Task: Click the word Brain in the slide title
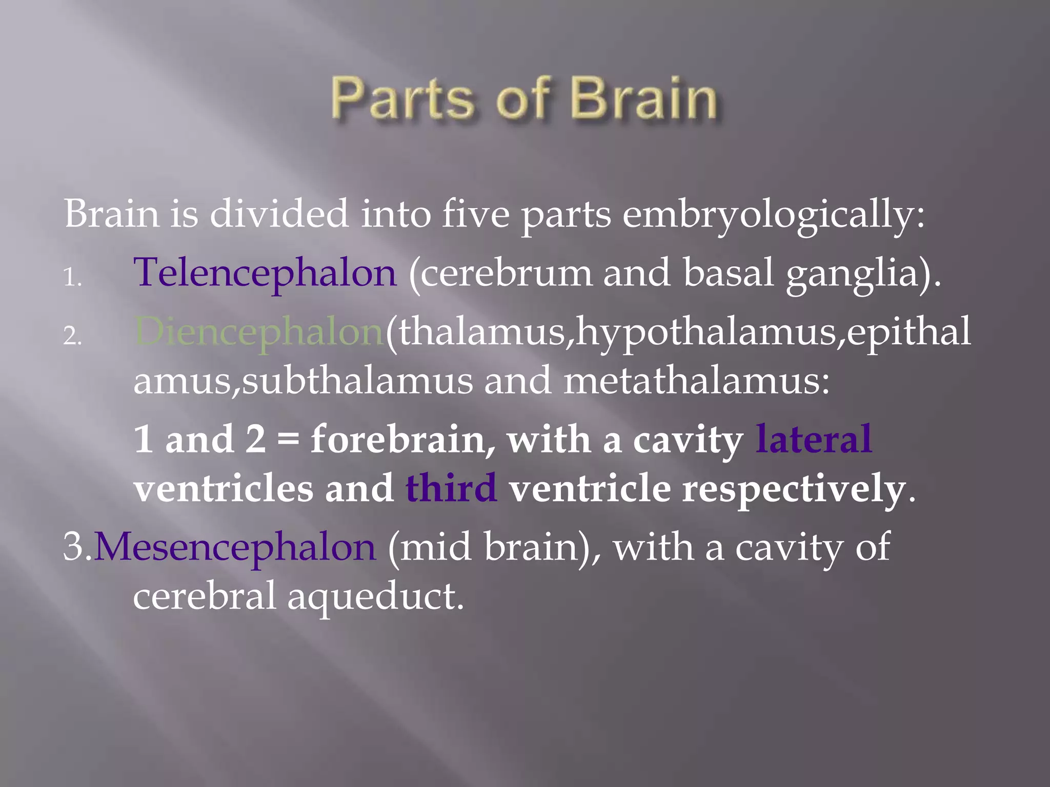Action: [x=643, y=98]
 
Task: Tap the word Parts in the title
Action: [x=403, y=98]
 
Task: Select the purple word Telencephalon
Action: [x=265, y=273]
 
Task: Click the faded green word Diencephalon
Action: [x=259, y=332]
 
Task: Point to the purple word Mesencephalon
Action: [x=235, y=547]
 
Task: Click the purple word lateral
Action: [x=814, y=440]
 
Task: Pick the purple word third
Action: [x=451, y=488]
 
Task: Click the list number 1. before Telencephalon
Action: [x=72, y=278]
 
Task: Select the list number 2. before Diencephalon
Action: [x=72, y=337]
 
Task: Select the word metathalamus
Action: [x=696, y=381]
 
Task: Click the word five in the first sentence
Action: [x=475, y=214]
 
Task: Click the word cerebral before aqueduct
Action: [x=205, y=596]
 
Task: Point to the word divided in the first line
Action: [x=279, y=214]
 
